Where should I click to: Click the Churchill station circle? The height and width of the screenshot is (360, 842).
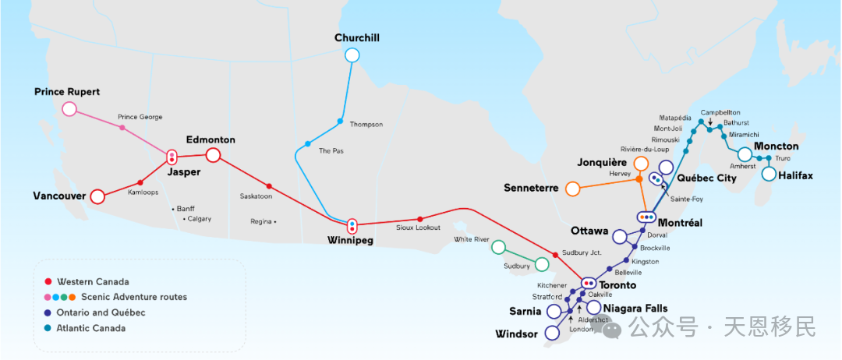click(352, 55)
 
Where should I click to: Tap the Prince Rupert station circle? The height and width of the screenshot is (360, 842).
click(69, 108)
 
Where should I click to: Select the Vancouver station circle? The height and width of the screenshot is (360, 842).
click(97, 196)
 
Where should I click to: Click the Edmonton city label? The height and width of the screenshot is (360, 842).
click(210, 139)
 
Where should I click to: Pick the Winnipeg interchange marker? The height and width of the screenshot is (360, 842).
click(352, 226)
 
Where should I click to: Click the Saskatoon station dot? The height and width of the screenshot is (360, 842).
click(269, 186)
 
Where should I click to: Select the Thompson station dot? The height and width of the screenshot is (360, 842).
click(340, 121)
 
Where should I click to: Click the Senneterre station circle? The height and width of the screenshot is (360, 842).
click(572, 189)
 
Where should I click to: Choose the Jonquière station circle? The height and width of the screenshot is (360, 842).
click(641, 163)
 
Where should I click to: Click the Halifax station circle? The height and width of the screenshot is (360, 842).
click(769, 174)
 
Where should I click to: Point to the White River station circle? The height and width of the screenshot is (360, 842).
click(497, 248)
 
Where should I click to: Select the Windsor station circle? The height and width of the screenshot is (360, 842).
click(553, 333)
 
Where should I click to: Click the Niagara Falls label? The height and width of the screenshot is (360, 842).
click(635, 309)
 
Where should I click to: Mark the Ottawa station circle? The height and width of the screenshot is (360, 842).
click(620, 236)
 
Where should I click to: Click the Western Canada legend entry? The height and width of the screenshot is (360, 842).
click(86, 281)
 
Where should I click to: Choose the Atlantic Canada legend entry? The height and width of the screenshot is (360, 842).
click(86, 328)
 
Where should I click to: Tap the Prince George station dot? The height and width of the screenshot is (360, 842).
click(122, 127)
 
